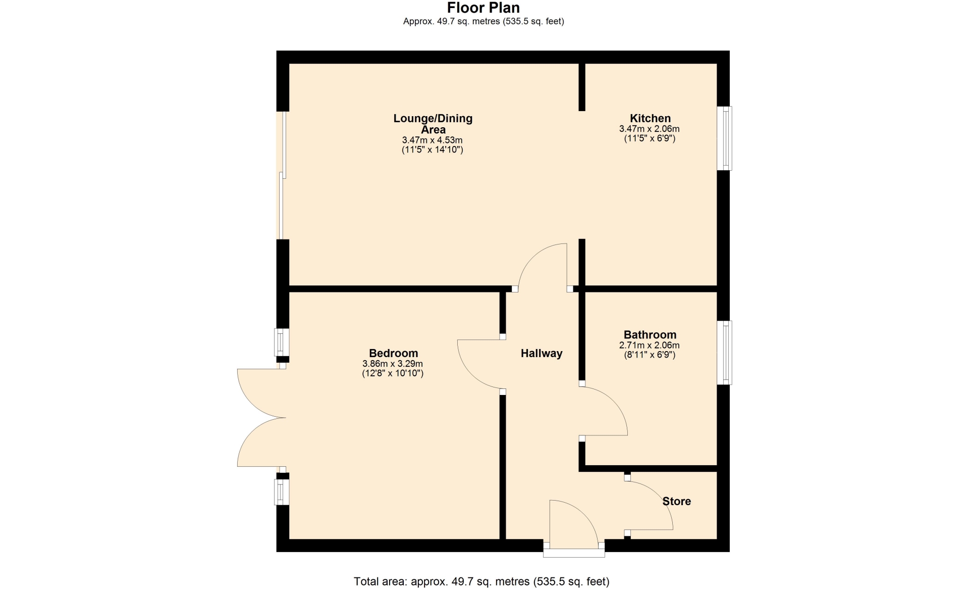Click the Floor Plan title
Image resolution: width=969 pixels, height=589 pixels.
coord(483,8)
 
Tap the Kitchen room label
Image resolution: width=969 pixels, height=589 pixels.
coord(650,119)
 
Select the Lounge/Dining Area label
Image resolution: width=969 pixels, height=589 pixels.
coord(433,124)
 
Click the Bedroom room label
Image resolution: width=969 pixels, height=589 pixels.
coord(393,353)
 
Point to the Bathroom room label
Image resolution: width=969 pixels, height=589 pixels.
coord(650,334)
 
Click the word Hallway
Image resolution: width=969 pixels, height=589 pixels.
coord(542,354)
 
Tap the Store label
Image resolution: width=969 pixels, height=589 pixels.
coord(677,501)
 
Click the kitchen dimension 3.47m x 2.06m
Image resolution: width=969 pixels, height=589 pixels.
coord(650,129)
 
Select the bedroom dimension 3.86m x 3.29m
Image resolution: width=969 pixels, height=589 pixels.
coord(393,364)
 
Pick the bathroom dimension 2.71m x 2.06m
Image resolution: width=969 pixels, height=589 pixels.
coord(650,346)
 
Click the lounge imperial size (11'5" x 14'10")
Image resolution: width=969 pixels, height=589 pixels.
coord(433,150)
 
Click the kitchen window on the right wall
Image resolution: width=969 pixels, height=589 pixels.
coord(725,138)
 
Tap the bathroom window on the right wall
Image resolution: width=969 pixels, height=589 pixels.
coord(725,353)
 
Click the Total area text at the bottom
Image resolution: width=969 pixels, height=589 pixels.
coord(481,581)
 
